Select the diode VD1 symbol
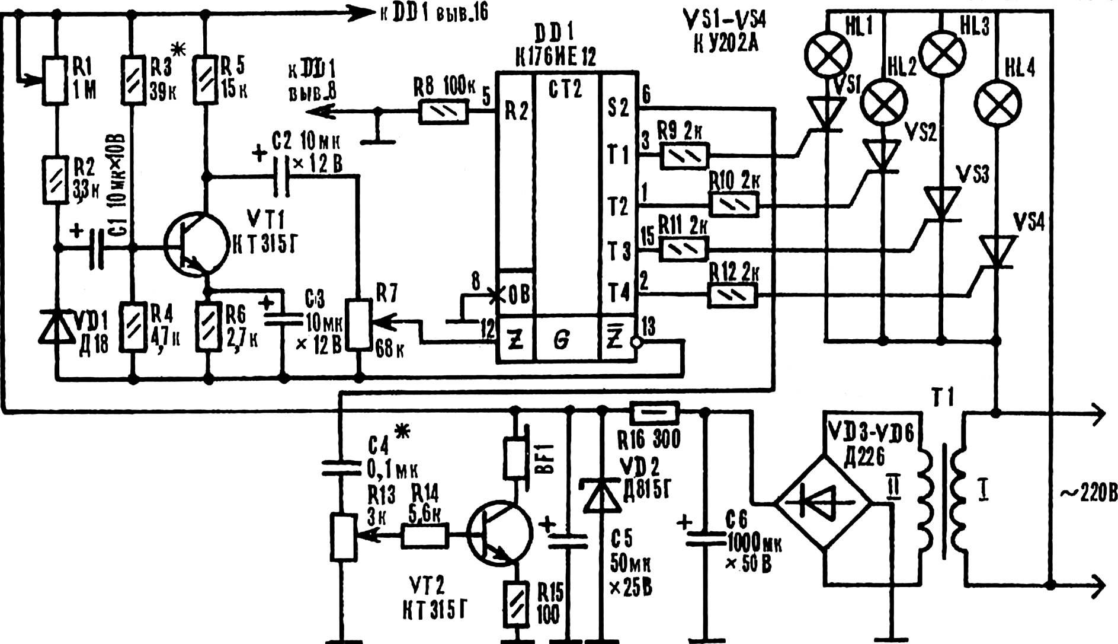tap(57, 327)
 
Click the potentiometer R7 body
tap(358, 325)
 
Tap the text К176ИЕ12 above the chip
tap(556, 58)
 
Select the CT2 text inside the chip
tap(565, 89)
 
